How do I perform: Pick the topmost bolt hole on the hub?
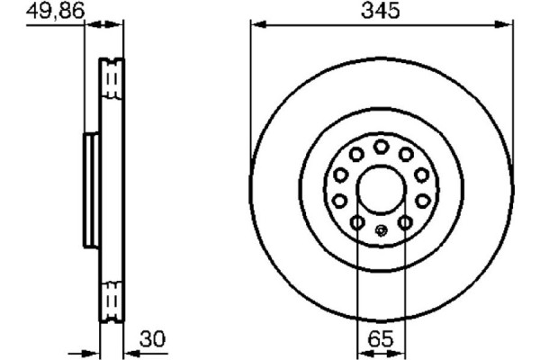coord(381,147)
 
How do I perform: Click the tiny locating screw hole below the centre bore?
coord(382,231)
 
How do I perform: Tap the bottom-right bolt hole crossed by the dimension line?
coord(406,222)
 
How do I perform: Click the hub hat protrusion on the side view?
coord(90,191)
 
